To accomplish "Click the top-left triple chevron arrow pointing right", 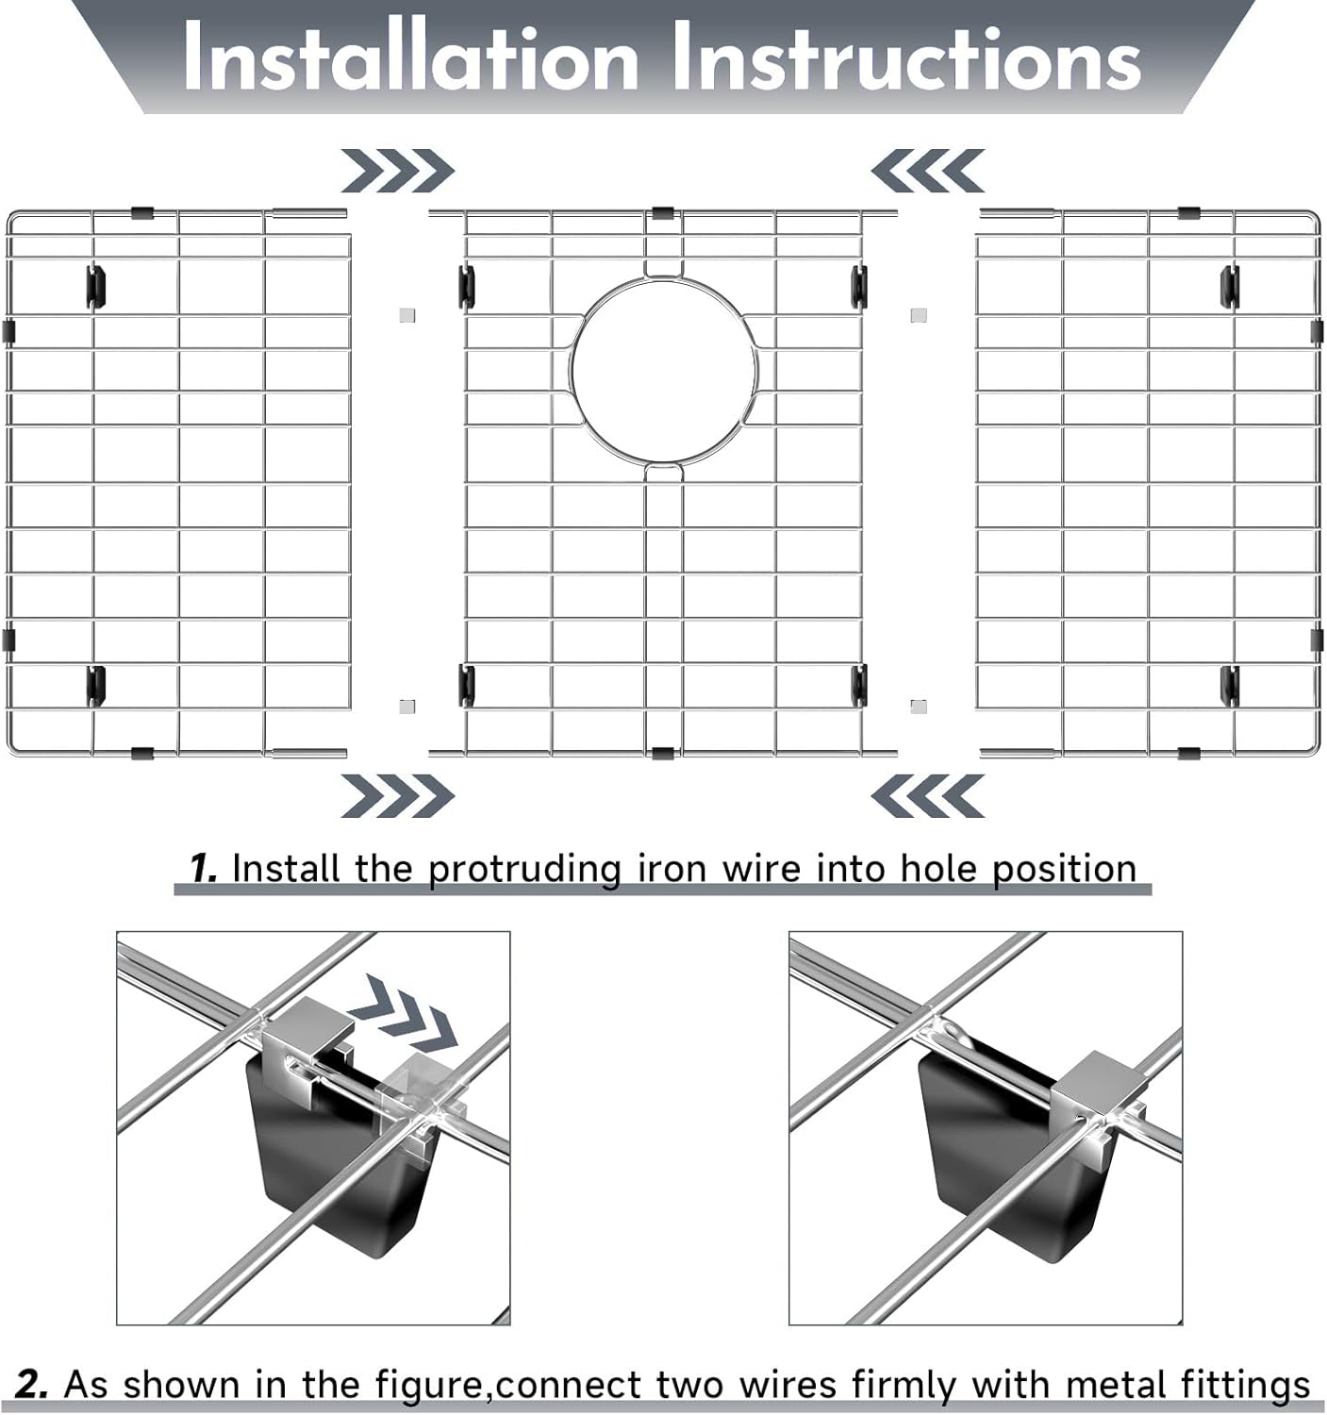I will coord(397,171).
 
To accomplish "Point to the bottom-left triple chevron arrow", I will coord(397,795).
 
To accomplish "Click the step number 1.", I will coord(203,868).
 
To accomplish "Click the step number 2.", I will coord(32,1384).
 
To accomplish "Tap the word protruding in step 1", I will coord(524,869).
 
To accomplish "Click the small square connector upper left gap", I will coord(406,315).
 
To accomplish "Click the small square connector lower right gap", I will coord(919,706).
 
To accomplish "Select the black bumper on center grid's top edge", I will coord(662,212).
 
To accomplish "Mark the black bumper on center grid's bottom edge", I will coord(662,752).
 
